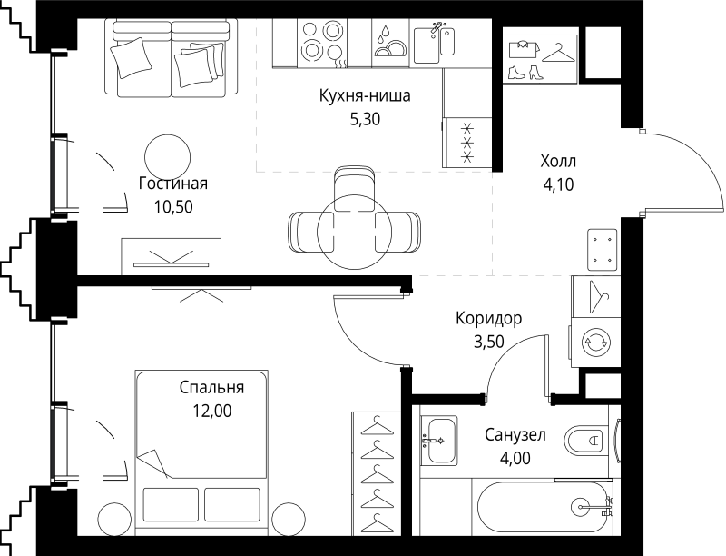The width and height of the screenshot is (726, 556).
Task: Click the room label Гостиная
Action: click(172, 184)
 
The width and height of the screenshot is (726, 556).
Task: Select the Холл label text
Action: click(557, 162)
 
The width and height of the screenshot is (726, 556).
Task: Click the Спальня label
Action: click(211, 388)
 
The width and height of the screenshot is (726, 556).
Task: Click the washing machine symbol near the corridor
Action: click(596, 342)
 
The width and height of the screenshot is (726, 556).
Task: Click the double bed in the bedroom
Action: click(202, 454)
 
